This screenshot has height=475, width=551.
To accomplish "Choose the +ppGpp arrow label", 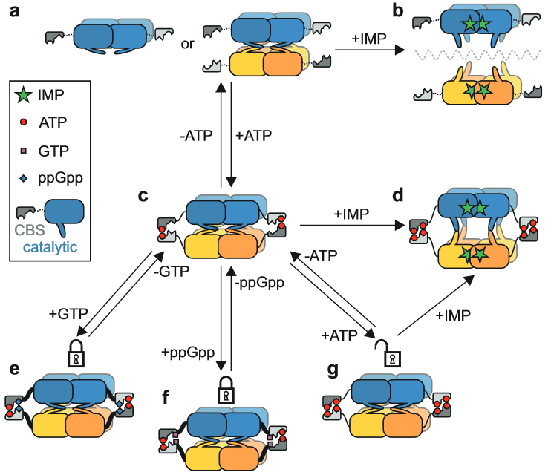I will [x=186, y=349].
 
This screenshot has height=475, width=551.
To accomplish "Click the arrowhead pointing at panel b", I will [x=400, y=50].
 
